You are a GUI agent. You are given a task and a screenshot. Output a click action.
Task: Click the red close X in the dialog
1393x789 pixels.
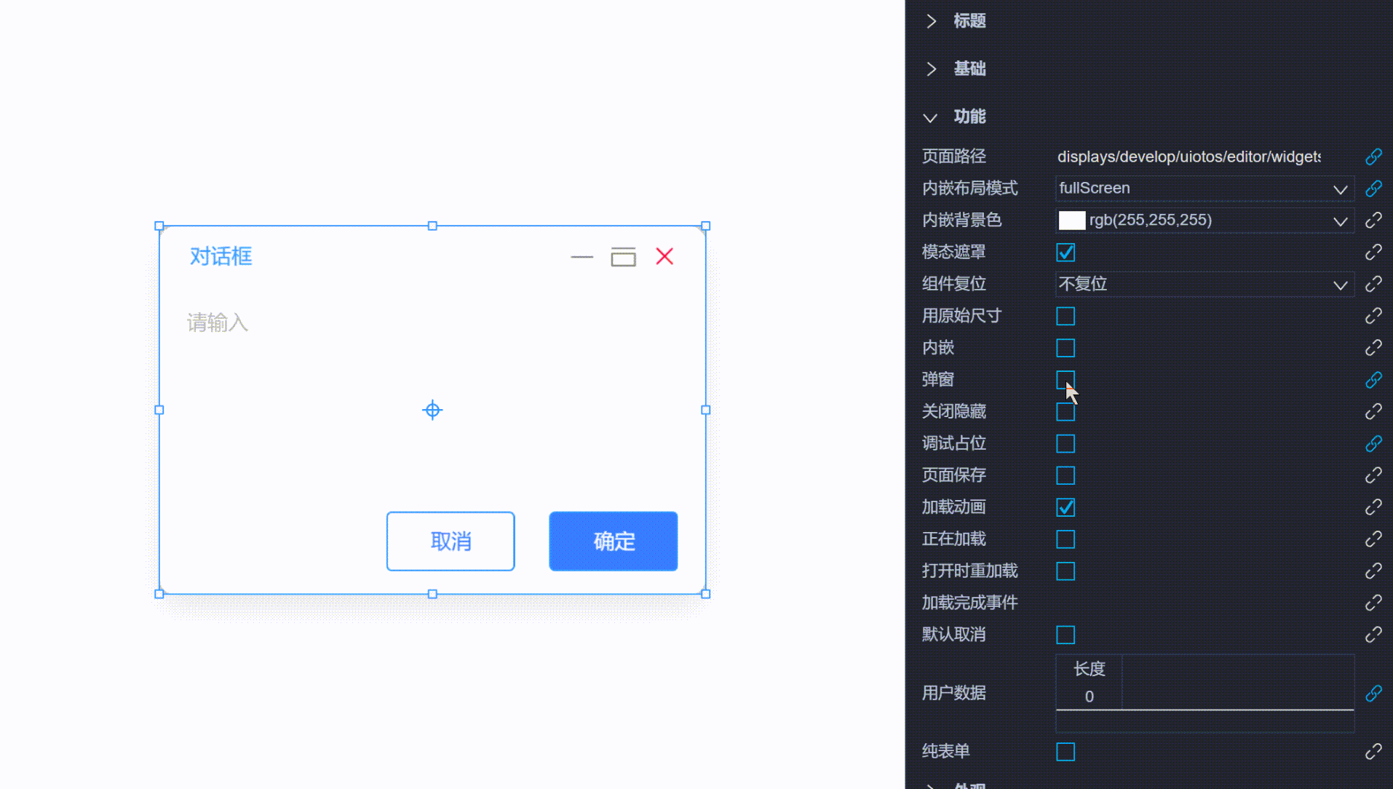point(664,256)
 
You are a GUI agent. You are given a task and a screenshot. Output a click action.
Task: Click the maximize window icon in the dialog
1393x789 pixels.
point(623,257)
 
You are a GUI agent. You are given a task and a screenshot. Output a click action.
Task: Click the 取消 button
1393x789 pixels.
point(451,542)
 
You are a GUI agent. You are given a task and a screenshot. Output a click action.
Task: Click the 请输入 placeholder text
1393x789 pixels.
point(218,322)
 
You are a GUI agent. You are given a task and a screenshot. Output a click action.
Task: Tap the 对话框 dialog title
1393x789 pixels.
point(221,256)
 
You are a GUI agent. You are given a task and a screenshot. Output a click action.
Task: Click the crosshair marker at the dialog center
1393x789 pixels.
point(432,411)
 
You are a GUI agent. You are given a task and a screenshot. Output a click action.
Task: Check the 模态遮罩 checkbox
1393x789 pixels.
point(1065,253)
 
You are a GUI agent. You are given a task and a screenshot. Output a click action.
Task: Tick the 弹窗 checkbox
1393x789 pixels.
point(1065,380)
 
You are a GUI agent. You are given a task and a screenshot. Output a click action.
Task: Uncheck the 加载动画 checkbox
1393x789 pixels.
point(1065,507)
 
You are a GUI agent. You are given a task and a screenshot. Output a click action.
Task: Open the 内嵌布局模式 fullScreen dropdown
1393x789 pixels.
point(1204,189)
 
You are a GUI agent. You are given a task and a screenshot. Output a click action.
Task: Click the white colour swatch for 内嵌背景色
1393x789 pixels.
point(1071,221)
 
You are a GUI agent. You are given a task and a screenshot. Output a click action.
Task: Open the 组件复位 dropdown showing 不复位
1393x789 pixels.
point(1204,285)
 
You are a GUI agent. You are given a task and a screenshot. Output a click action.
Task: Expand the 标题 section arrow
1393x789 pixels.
point(931,21)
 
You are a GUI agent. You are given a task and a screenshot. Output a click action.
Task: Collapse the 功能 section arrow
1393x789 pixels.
point(930,117)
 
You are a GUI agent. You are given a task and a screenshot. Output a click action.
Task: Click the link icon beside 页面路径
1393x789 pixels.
point(1373,156)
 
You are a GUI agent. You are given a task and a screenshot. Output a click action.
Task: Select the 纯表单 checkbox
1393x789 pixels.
point(1065,752)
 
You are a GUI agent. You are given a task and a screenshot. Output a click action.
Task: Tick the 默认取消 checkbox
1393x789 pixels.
point(1065,635)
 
